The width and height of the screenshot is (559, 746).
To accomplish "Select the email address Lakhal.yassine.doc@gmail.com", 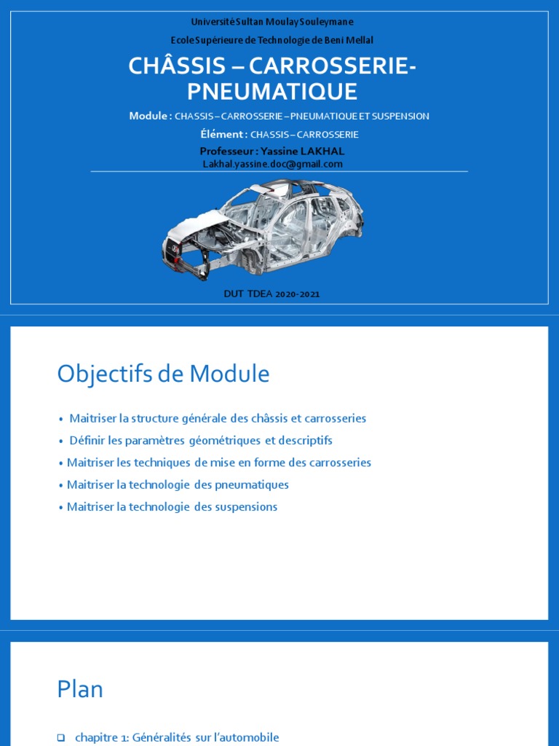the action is (x=272, y=164).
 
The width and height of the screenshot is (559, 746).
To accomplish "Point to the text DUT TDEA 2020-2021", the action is (x=271, y=294).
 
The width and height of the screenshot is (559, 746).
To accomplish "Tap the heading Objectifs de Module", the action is (x=163, y=374).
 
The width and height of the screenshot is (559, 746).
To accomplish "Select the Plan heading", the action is (x=80, y=689).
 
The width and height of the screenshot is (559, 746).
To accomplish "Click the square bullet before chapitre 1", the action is (x=61, y=737).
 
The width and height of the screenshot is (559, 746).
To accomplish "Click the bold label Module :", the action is (x=150, y=116).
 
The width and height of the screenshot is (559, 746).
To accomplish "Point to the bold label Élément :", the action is (x=223, y=134).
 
